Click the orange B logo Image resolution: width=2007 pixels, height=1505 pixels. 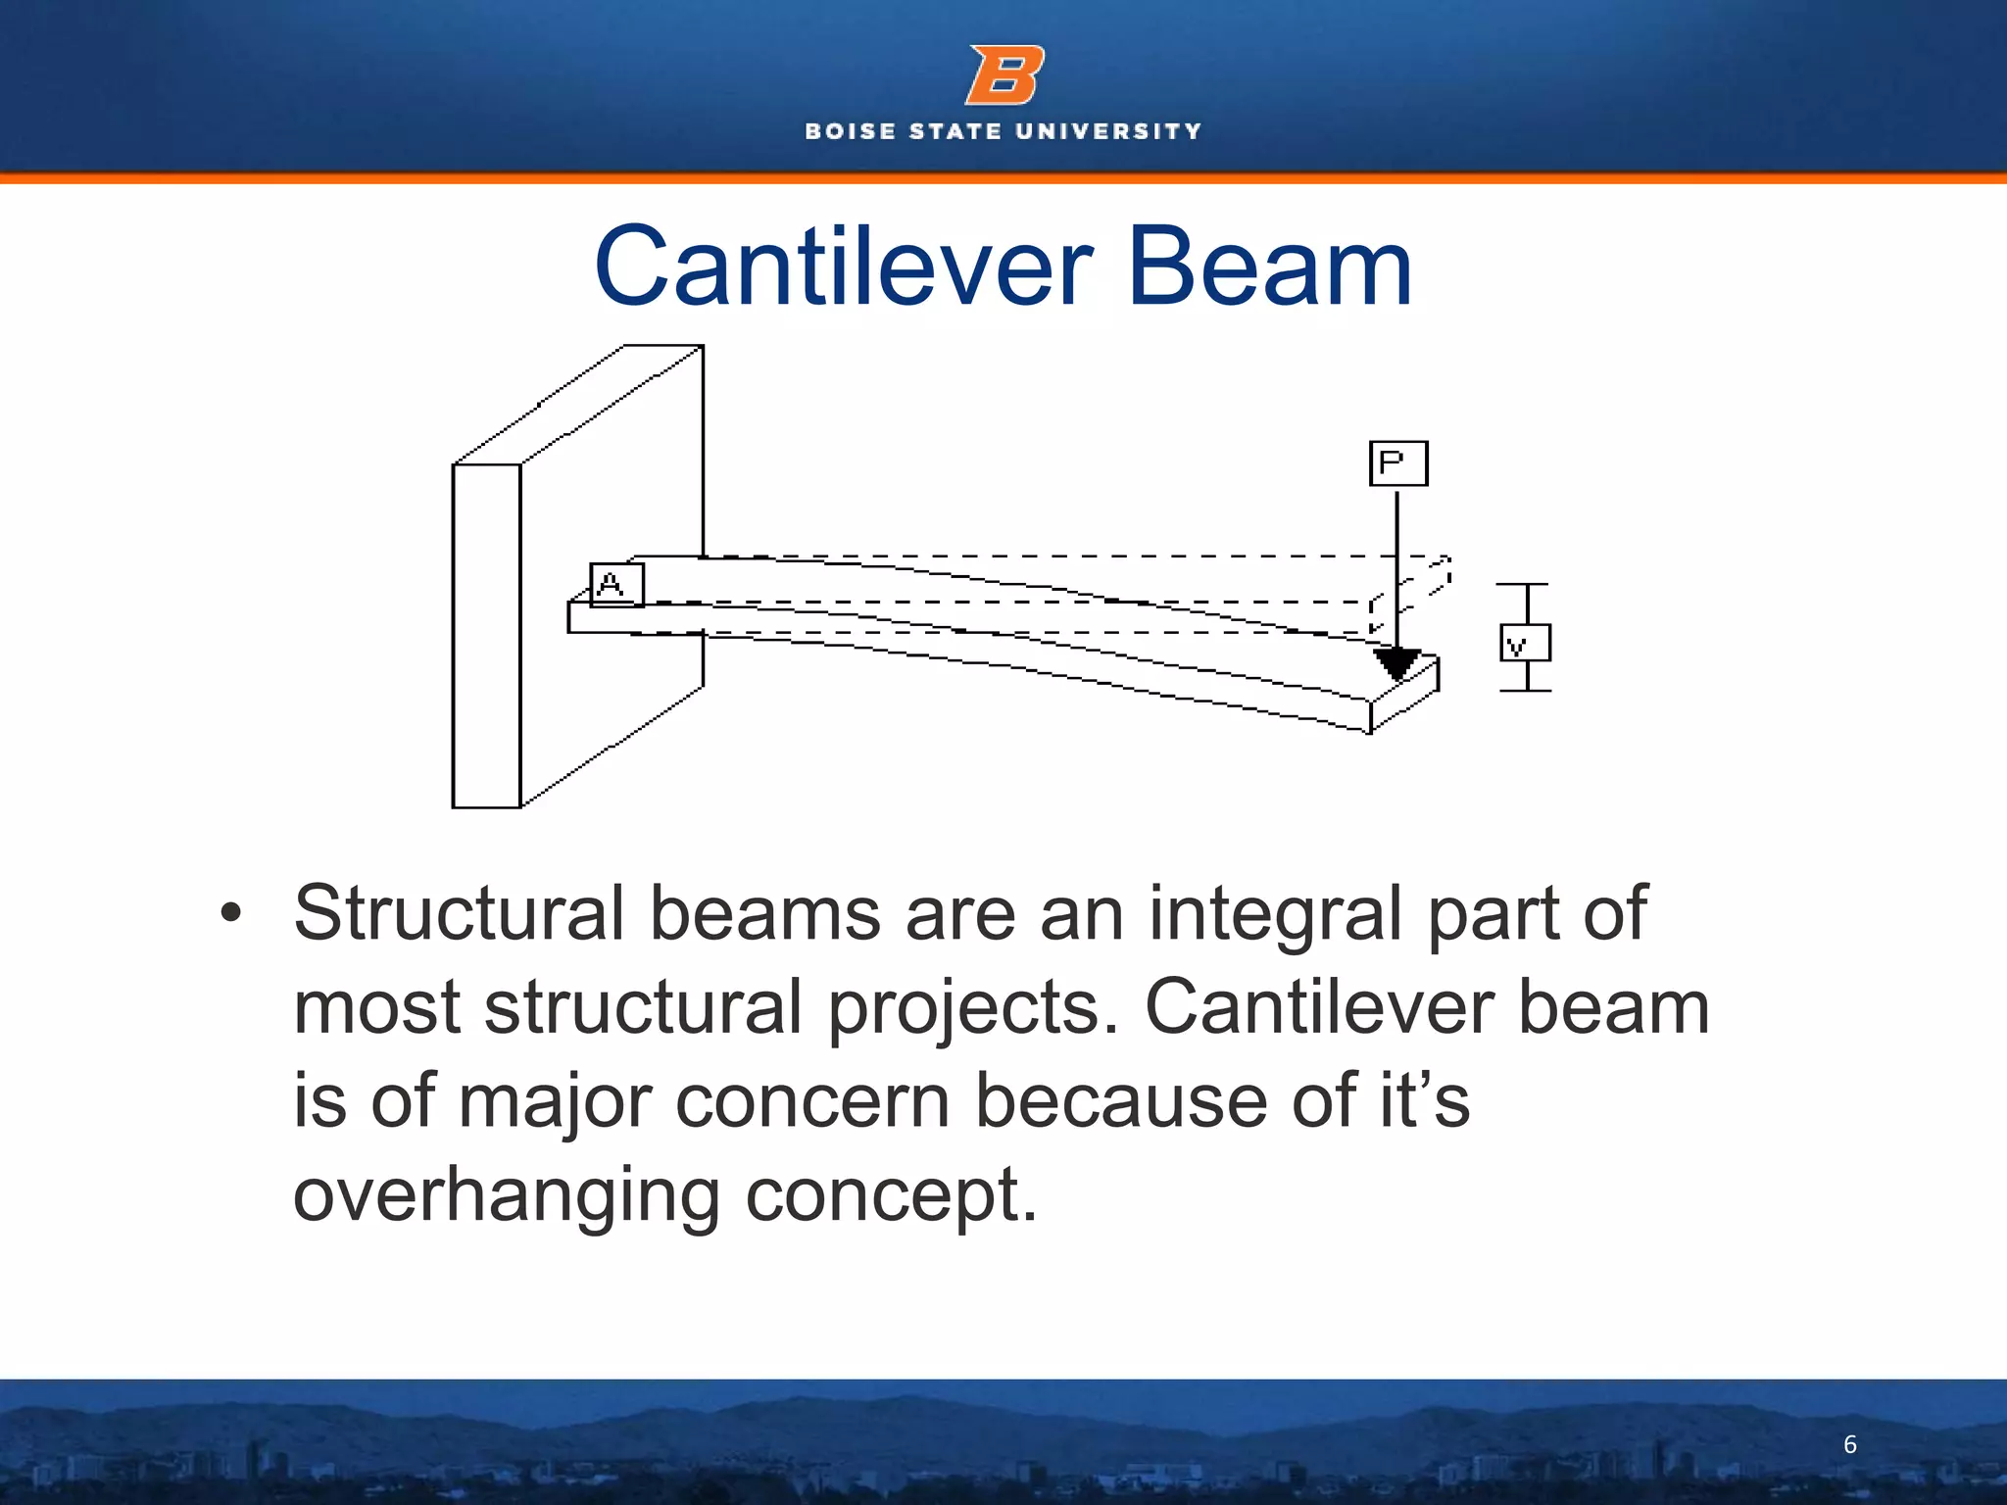click(1004, 75)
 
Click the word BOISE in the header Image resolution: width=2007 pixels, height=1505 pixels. click(851, 131)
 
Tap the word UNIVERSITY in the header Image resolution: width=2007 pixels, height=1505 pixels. click(1108, 131)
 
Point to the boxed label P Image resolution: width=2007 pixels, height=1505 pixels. click(1397, 463)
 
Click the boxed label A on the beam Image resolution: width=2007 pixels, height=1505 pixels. click(616, 585)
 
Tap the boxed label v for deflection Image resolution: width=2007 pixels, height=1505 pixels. click(1524, 644)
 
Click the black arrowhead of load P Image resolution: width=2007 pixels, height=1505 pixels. click(1396, 663)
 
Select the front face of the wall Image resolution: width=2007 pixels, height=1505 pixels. click(486, 637)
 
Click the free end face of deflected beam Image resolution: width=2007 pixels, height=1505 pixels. click(1404, 697)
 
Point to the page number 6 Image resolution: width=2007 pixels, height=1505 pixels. click(1849, 1444)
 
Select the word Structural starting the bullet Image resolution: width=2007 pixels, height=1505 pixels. click(459, 913)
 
